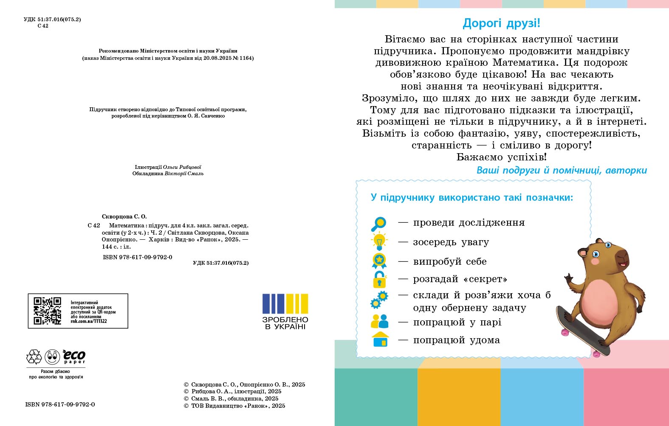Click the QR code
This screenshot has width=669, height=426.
click(47, 311)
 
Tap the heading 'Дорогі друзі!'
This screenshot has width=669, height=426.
click(501, 23)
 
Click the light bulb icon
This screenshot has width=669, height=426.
click(379, 242)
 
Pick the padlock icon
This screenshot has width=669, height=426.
click(379, 280)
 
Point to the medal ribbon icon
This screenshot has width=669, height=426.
click(379, 261)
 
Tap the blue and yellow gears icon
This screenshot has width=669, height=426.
click(379, 300)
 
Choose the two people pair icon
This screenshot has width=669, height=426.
click(379, 322)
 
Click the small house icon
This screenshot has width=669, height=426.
click(380, 339)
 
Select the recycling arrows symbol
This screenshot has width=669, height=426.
click(34, 357)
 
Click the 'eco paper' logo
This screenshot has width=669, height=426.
click(74, 357)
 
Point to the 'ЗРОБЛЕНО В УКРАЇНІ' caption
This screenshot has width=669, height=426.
click(285, 323)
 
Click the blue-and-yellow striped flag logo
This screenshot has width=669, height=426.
click(285, 303)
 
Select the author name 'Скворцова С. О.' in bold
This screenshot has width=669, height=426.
click(124, 216)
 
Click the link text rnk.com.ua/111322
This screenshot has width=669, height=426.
click(89, 321)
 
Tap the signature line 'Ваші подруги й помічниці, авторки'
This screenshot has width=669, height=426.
click(562, 171)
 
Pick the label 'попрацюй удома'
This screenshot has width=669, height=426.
click(456, 340)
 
